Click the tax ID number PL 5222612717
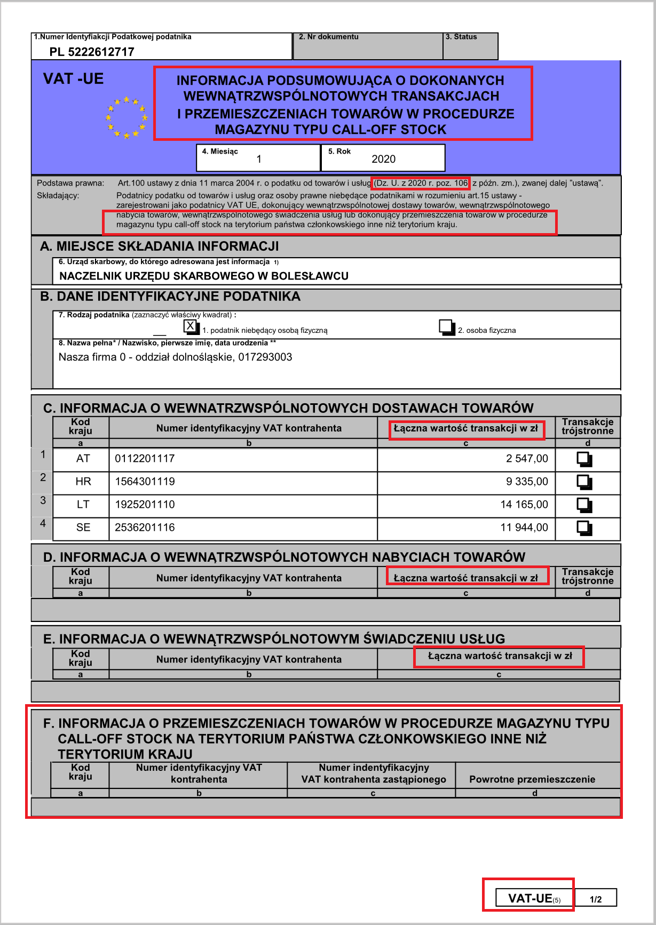click(92, 52)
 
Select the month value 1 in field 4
click(259, 159)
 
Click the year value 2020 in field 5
click(383, 159)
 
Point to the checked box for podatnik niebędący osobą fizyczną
click(191, 326)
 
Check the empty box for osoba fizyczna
click(446, 326)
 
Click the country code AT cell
click(83, 459)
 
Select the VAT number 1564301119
click(145, 482)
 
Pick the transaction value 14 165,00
click(524, 505)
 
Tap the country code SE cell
click(83, 528)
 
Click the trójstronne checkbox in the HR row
click(584, 482)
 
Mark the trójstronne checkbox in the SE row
click(584, 528)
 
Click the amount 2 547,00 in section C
click(527, 459)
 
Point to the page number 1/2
click(596, 899)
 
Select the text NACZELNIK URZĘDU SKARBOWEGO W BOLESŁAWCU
click(203, 276)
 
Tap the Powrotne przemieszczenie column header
click(532, 779)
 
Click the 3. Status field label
click(461, 37)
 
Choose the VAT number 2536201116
click(145, 528)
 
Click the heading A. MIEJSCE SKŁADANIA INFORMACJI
click(159, 246)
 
